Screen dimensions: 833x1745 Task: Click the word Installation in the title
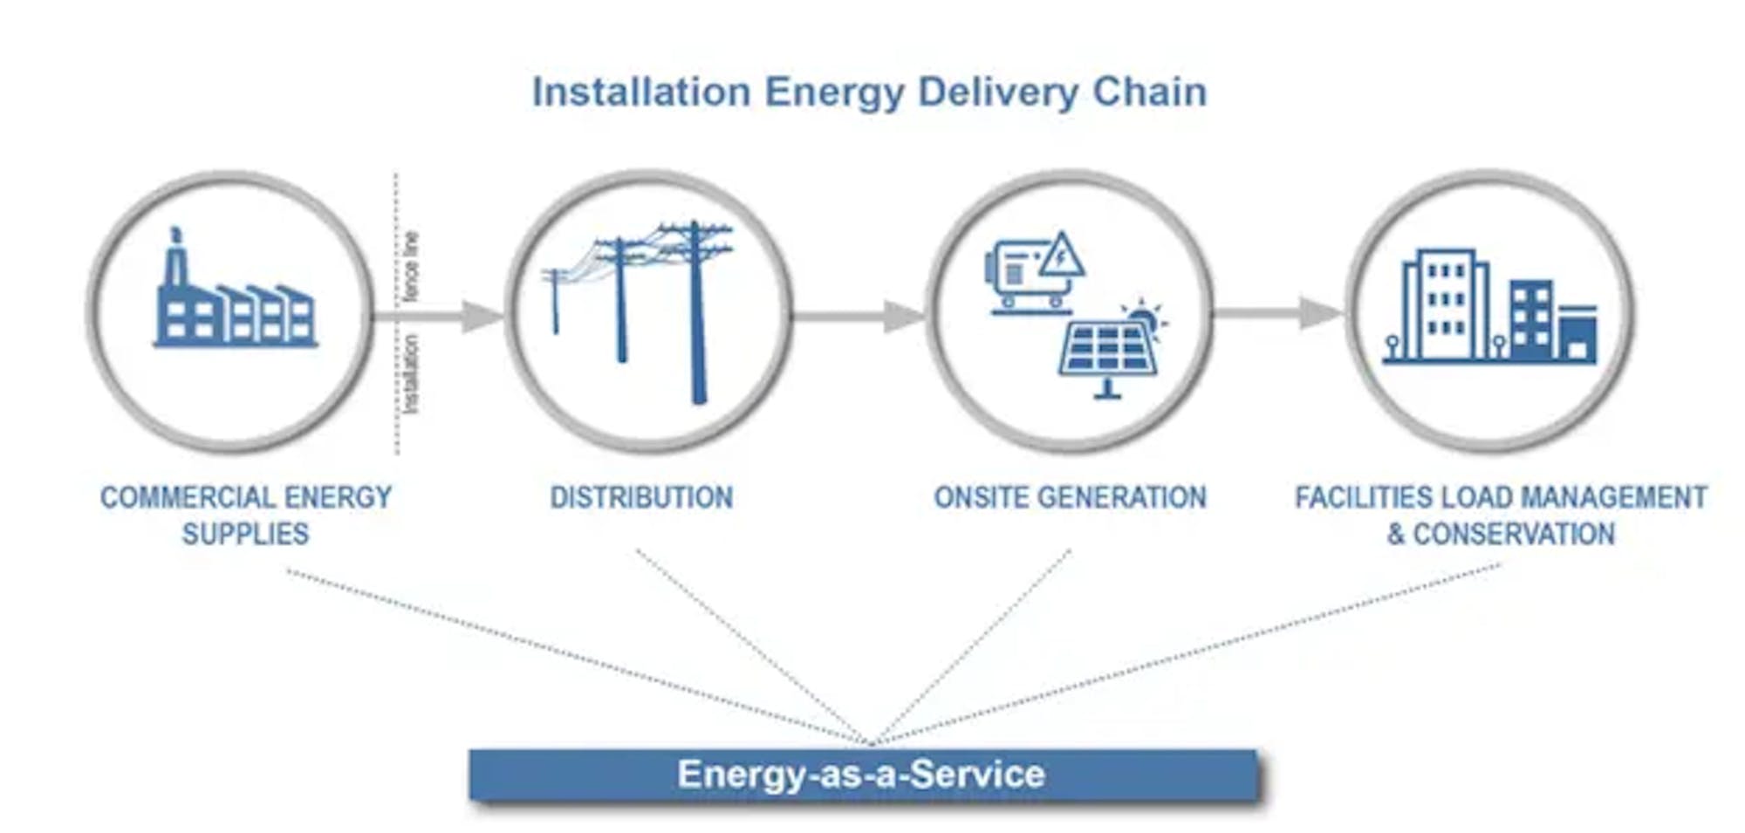coord(641,92)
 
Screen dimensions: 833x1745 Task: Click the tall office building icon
coord(1444,305)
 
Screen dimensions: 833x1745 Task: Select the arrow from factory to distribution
coord(436,316)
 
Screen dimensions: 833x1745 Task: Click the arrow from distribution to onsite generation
coord(859,316)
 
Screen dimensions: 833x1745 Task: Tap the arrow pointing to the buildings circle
coord(1278,313)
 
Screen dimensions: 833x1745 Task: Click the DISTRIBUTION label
coord(641,497)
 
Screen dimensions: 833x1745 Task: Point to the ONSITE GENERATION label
coord(1070,497)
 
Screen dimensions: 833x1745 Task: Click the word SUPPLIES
coord(245,534)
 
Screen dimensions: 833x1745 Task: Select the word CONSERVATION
coord(1514,534)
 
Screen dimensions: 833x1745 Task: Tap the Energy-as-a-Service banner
coord(862,775)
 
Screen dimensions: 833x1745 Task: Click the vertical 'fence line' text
coord(411,266)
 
